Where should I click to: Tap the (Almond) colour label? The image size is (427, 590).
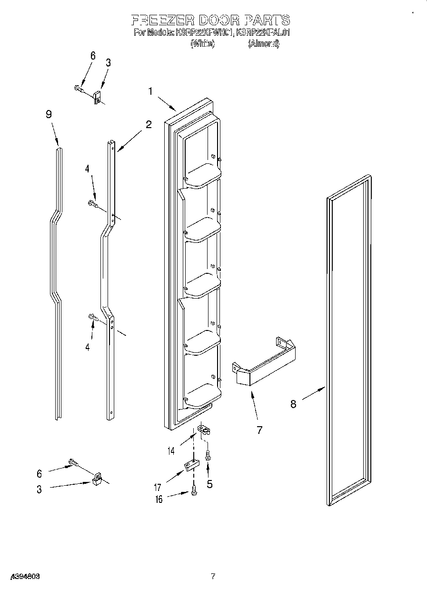263,44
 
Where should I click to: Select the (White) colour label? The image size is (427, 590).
202,44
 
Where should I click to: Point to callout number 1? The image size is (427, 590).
150,91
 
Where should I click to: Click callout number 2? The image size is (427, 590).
149,125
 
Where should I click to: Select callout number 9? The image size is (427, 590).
49,114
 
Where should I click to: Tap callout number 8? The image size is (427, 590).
293,404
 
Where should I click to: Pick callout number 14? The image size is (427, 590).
171,450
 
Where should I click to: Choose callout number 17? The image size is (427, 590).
158,487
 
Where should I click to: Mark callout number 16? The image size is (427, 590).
159,499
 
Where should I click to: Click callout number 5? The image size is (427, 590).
209,484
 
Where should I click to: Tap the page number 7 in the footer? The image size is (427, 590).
213,577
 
